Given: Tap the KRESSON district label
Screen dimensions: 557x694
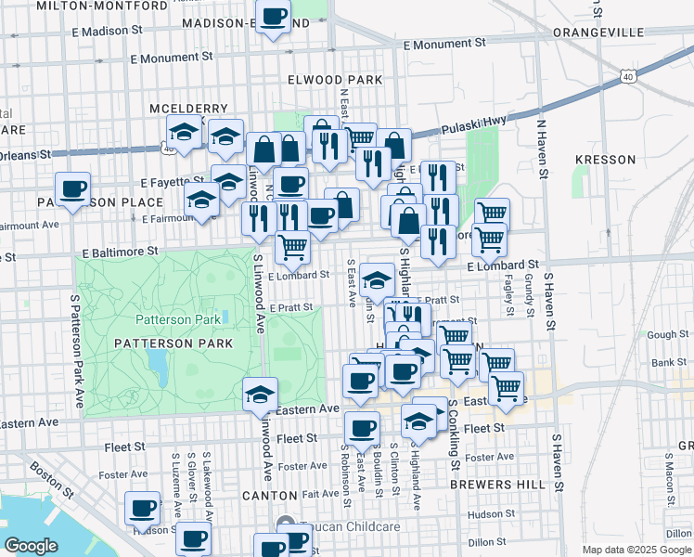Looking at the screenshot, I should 602,160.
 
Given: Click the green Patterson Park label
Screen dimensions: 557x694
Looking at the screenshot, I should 178,319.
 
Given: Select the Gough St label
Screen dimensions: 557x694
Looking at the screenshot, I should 668,334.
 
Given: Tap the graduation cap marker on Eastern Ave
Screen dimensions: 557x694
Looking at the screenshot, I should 261,395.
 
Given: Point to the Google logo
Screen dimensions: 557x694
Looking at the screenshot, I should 32,545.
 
